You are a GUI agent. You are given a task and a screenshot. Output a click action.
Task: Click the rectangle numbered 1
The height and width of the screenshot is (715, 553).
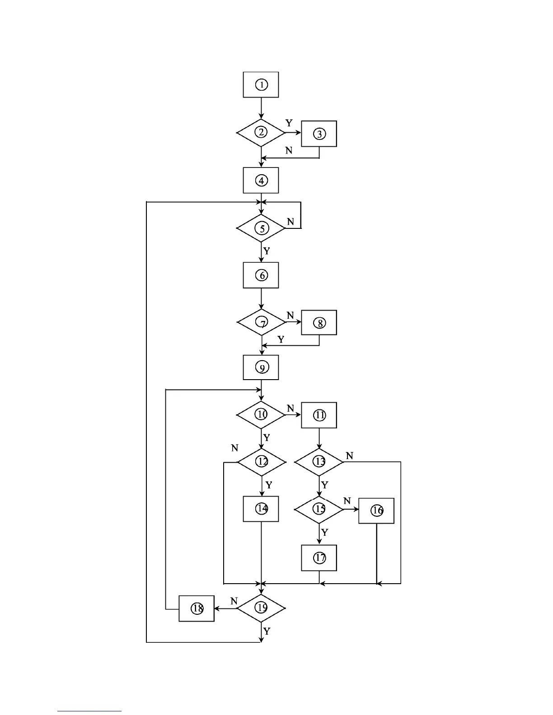point(261,84)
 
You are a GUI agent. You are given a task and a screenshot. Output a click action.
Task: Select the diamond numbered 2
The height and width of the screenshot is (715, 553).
point(261,132)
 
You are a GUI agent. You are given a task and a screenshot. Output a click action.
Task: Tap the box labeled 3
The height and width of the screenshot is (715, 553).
point(319,134)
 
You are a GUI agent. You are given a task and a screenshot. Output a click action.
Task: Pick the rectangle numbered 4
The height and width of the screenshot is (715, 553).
point(261,181)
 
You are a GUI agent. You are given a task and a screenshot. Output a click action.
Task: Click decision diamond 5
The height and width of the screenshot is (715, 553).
point(261,228)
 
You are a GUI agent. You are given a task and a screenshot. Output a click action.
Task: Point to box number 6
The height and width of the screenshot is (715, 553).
point(261,275)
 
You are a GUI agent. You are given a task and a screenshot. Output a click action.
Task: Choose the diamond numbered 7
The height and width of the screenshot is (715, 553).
point(262,322)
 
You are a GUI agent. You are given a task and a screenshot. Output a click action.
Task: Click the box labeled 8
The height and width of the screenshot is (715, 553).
point(319,323)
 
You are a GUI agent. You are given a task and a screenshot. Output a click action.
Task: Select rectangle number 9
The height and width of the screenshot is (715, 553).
point(261,367)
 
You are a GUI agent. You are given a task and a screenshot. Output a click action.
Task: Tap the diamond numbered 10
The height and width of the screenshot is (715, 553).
point(261,414)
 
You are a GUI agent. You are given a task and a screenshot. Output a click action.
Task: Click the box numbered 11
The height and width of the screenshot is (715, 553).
point(319,415)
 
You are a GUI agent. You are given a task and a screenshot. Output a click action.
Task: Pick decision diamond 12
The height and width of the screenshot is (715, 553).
point(262,462)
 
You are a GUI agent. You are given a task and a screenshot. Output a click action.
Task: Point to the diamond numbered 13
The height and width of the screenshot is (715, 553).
point(319,462)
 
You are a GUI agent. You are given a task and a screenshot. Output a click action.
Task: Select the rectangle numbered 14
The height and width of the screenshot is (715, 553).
point(261,509)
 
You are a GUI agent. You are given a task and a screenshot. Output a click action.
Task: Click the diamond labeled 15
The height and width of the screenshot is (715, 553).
point(319,509)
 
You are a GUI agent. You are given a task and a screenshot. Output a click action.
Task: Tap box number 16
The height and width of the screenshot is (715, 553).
point(376,511)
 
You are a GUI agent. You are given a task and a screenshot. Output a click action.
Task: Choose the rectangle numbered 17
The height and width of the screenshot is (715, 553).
point(319,558)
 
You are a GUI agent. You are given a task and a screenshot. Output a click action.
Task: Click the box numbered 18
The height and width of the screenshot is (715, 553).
point(197,608)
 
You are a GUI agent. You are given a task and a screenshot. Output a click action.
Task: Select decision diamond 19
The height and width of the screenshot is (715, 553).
point(261,608)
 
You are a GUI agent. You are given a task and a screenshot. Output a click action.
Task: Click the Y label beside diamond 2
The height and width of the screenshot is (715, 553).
point(289,123)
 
